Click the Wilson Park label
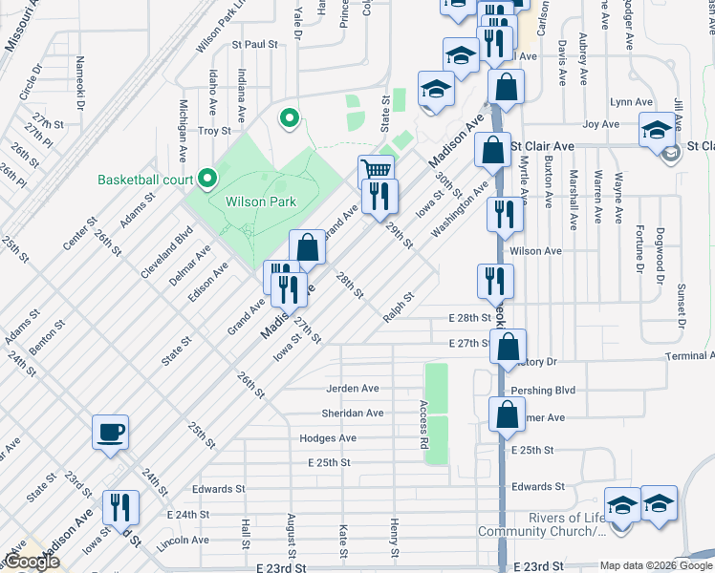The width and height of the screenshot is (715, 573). (x=261, y=202)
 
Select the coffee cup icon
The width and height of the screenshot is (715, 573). (x=110, y=431)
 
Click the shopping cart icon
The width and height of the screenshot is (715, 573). (x=377, y=171)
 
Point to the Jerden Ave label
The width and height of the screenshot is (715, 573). (x=353, y=389)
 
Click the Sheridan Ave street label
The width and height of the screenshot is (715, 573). (x=355, y=414)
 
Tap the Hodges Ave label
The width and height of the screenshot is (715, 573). (x=328, y=438)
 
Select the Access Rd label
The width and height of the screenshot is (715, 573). (x=422, y=425)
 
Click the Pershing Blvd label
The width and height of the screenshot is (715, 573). (x=543, y=391)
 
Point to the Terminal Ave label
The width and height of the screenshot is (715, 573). (x=689, y=356)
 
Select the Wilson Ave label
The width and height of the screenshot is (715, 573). (x=535, y=251)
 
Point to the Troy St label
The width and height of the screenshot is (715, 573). (x=214, y=131)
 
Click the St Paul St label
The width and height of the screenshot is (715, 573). (x=253, y=44)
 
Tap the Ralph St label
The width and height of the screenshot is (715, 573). (x=399, y=308)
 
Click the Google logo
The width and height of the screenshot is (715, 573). (x=32, y=562)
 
